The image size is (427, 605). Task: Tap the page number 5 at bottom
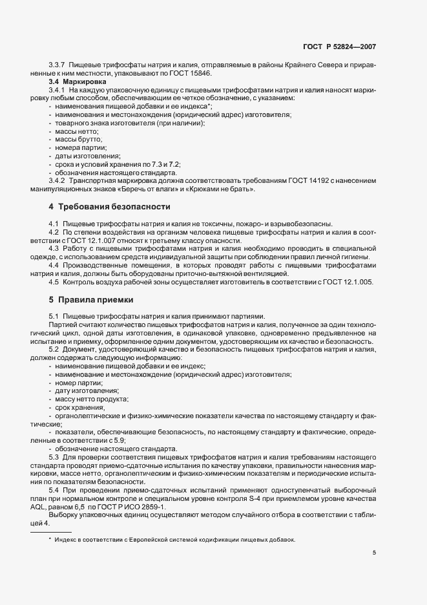[374, 553]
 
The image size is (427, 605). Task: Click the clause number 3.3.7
[57, 65]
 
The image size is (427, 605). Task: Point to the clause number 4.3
[54, 248]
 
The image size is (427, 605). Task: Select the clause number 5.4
[54, 491]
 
